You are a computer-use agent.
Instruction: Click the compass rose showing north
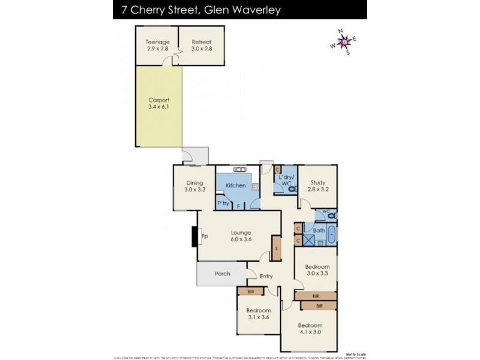343,42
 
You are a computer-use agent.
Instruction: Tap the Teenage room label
158,46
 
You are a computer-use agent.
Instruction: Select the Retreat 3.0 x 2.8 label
202,46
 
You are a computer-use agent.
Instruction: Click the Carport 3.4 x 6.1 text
159,104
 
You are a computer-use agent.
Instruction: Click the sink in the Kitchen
241,170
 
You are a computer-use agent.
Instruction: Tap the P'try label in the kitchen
223,204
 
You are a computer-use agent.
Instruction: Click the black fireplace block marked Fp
194,236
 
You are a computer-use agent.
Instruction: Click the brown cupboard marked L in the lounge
276,248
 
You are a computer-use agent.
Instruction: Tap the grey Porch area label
222,274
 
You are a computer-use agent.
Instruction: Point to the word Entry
266,276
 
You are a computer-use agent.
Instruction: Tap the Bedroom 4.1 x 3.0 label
314,330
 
